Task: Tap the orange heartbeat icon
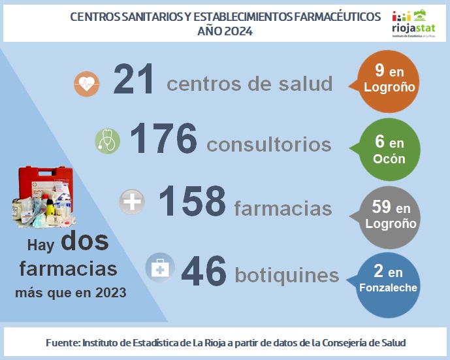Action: click(x=86, y=83)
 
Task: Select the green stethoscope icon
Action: click(x=108, y=140)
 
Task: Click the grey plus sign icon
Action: click(x=132, y=202)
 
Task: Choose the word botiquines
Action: click(x=288, y=275)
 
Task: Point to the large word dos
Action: click(x=85, y=242)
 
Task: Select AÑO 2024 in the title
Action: click(x=225, y=31)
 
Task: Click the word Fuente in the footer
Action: click(x=63, y=343)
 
